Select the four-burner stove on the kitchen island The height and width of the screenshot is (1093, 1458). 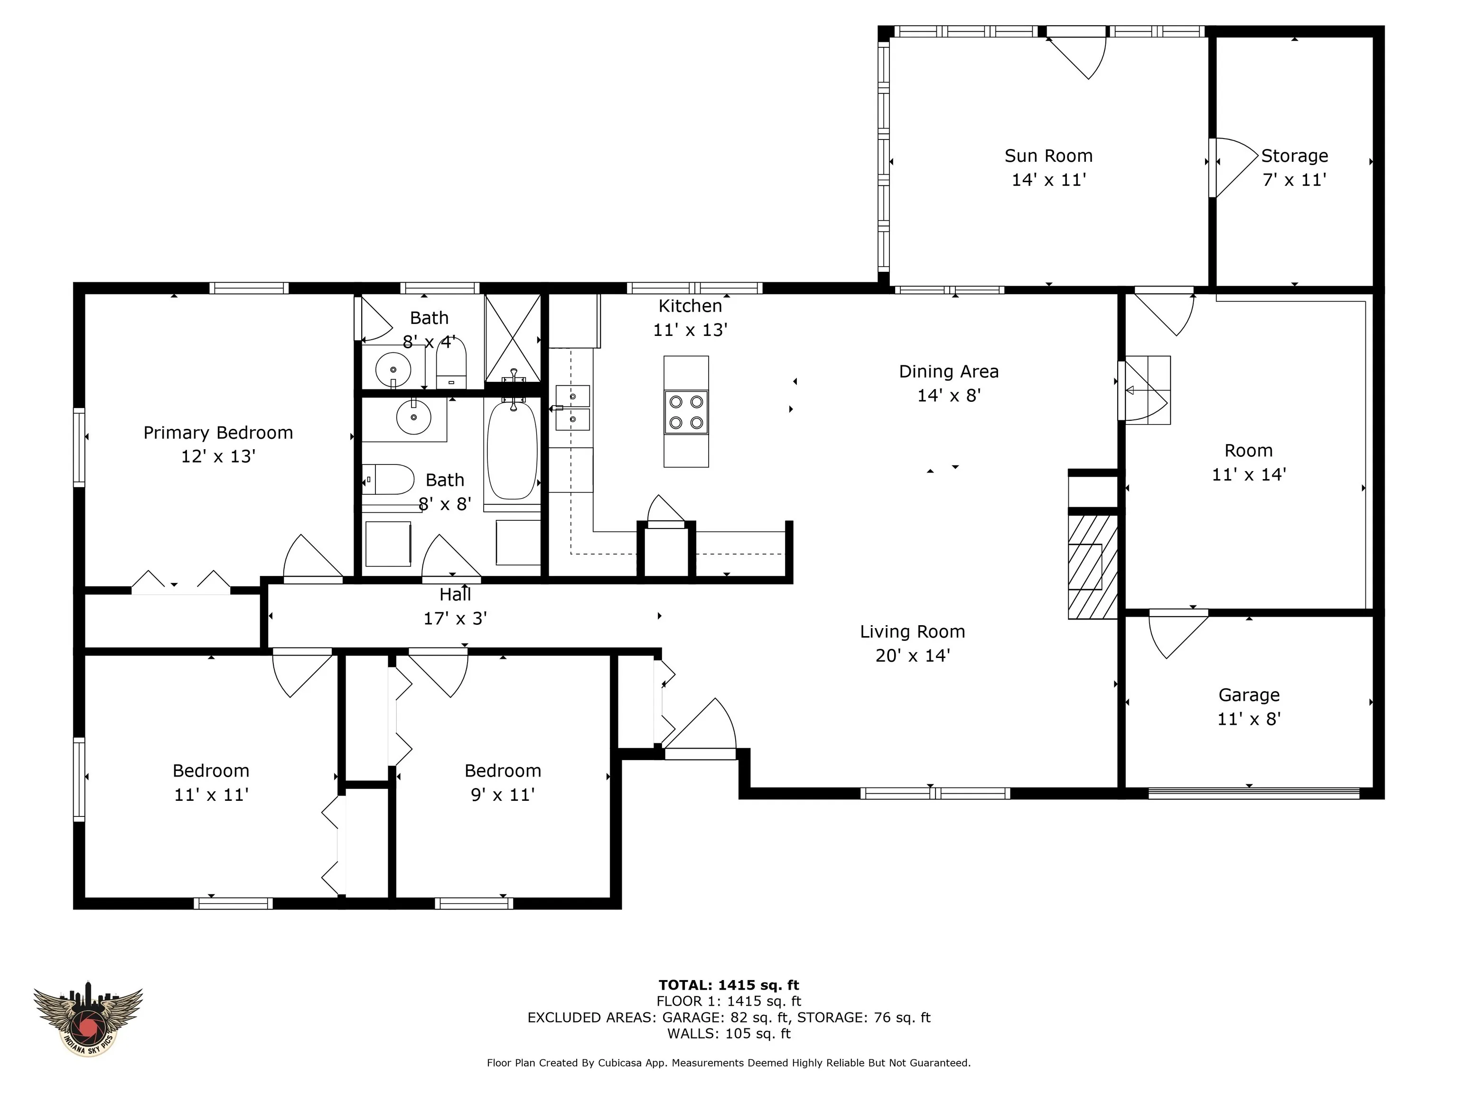point(686,412)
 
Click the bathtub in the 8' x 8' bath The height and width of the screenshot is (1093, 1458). point(512,450)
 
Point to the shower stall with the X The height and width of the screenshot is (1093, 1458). point(513,338)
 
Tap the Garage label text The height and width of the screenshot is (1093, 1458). point(1249,695)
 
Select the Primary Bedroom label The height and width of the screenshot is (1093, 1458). point(218,433)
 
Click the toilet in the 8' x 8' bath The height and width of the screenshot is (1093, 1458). point(388,480)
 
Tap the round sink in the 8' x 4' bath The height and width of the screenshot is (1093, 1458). point(393,370)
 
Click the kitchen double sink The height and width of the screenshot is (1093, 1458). point(573,407)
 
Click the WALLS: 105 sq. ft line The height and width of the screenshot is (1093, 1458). point(729,1034)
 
